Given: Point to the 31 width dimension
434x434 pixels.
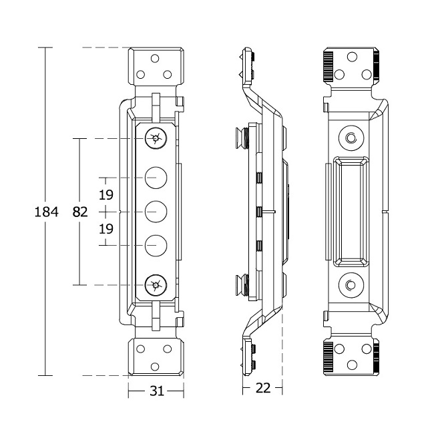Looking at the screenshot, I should pos(156,391).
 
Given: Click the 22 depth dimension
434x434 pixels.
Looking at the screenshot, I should pos(263,388).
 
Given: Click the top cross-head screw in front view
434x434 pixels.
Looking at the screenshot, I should pos(156,139).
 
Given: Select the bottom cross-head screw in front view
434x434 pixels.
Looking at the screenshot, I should pos(156,286).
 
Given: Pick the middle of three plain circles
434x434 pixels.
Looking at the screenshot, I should pos(156,212).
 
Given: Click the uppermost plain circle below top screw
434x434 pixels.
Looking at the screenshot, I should pos(156,178).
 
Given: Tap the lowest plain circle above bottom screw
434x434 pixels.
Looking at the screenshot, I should pos(156,246).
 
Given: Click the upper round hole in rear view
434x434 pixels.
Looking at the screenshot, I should pos(350,138).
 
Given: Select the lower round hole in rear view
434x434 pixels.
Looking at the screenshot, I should pos(350,286).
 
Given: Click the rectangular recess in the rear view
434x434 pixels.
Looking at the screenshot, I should pos(350,212).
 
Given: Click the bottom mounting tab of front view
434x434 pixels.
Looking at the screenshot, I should pos(156,357).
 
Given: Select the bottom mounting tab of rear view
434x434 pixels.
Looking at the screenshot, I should pos(350,357).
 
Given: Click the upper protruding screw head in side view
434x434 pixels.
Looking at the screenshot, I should pos(241,138).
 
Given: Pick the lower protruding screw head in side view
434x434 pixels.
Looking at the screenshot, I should pos(241,286).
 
